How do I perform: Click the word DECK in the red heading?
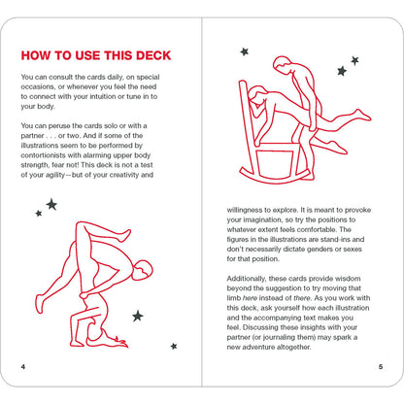[153, 55]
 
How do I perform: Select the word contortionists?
[43, 155]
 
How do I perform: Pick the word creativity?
[124, 175]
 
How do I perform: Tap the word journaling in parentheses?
[280, 337]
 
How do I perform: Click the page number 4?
[23, 367]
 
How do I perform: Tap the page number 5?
[381, 367]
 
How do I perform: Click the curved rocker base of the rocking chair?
[274, 181]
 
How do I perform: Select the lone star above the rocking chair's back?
[245, 51]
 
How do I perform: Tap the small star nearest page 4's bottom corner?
[174, 347]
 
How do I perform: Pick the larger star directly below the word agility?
[51, 205]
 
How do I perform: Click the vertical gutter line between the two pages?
[202, 202]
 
